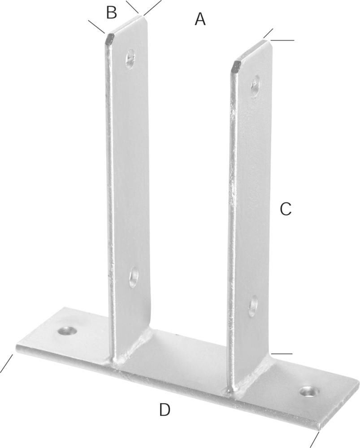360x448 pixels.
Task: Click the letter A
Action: [200, 19]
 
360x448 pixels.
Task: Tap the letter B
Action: [112, 13]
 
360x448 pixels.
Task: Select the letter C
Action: [286, 209]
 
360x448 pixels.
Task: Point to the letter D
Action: [165, 409]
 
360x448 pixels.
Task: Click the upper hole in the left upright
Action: [130, 59]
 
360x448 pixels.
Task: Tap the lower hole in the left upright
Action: [134, 277]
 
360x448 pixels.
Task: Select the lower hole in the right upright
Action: [253, 306]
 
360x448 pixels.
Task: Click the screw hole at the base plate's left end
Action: [67, 331]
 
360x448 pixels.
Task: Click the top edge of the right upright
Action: [252, 52]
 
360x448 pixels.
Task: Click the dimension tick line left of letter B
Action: [96, 26]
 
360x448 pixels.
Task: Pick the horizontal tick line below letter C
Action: [282, 354]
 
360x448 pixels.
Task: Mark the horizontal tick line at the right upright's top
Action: [282, 40]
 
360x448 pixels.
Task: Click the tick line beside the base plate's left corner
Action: [7, 364]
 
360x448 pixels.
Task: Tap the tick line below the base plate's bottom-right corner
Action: [315, 439]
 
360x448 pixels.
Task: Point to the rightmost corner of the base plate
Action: [358, 382]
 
